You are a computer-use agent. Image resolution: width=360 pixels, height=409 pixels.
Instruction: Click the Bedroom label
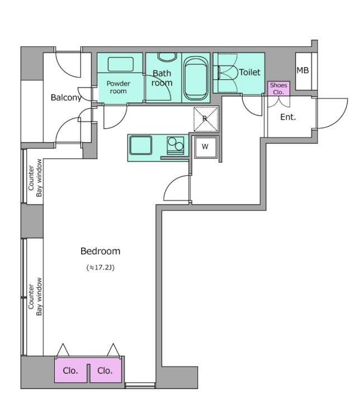[x=101, y=251]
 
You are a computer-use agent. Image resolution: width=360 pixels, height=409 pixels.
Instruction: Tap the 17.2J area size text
[x=101, y=268]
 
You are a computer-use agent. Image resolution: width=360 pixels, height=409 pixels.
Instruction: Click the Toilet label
[x=249, y=72]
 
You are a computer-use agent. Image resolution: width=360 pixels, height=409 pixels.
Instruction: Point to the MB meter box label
[x=302, y=70]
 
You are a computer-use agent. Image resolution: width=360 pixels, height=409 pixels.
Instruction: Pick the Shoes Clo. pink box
[x=278, y=88]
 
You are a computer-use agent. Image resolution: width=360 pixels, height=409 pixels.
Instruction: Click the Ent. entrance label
[x=288, y=117]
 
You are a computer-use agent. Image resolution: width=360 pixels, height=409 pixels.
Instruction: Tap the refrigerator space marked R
[x=206, y=119]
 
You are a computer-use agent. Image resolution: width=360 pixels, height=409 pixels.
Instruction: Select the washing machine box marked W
[x=206, y=147]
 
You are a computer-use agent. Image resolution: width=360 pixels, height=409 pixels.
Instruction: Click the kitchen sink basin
[x=141, y=145]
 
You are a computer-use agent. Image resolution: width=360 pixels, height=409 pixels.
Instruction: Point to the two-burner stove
[x=176, y=145]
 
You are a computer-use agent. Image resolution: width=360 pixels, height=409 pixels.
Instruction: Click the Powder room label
[x=119, y=87]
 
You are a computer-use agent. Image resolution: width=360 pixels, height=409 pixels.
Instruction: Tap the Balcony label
[x=66, y=98]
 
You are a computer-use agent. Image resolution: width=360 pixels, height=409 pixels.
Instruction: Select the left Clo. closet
[x=70, y=370]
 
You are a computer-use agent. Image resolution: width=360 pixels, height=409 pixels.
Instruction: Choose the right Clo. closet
[x=106, y=370]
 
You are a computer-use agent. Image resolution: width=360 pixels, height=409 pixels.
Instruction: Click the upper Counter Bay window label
[x=35, y=178]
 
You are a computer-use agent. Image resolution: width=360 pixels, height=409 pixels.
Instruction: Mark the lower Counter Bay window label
[x=35, y=297]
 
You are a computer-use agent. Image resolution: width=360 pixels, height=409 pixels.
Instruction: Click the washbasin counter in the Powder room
[x=121, y=64]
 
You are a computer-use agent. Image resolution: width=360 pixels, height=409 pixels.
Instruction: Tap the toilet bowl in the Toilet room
[x=227, y=73]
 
